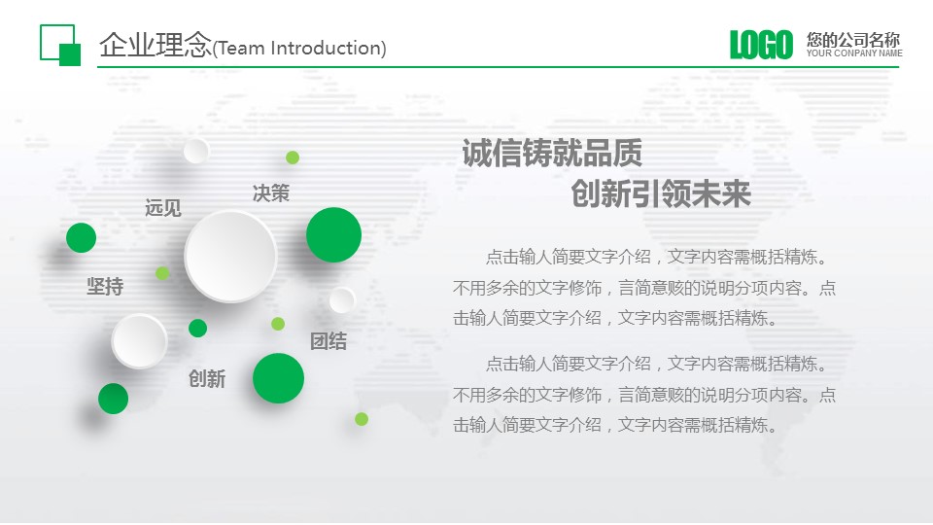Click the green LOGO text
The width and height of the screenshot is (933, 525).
[761, 45]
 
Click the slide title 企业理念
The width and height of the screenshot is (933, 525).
[155, 46]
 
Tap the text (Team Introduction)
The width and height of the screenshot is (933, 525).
[298, 48]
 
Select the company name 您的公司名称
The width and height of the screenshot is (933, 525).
[852, 40]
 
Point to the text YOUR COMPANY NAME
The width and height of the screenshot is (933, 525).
[853, 53]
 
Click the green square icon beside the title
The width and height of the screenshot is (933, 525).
[60, 45]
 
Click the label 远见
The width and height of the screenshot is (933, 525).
[162, 208]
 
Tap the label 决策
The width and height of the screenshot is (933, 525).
[270, 193]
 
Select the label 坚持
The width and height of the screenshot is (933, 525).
[105, 287]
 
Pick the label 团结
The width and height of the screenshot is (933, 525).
[328, 341]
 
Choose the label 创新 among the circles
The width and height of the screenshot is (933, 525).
[207, 379]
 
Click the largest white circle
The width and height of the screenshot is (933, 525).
[230, 257]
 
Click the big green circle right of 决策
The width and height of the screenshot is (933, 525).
[333, 235]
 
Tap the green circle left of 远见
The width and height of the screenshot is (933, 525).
[81, 237]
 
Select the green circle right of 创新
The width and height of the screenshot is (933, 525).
[278, 378]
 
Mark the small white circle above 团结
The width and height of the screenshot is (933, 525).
[342, 300]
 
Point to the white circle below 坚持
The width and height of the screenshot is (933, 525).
[139, 341]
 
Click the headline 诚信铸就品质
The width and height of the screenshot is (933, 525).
[551, 154]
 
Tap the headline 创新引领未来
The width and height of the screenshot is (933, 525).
[661, 194]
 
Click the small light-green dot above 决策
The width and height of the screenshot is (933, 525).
[293, 157]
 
